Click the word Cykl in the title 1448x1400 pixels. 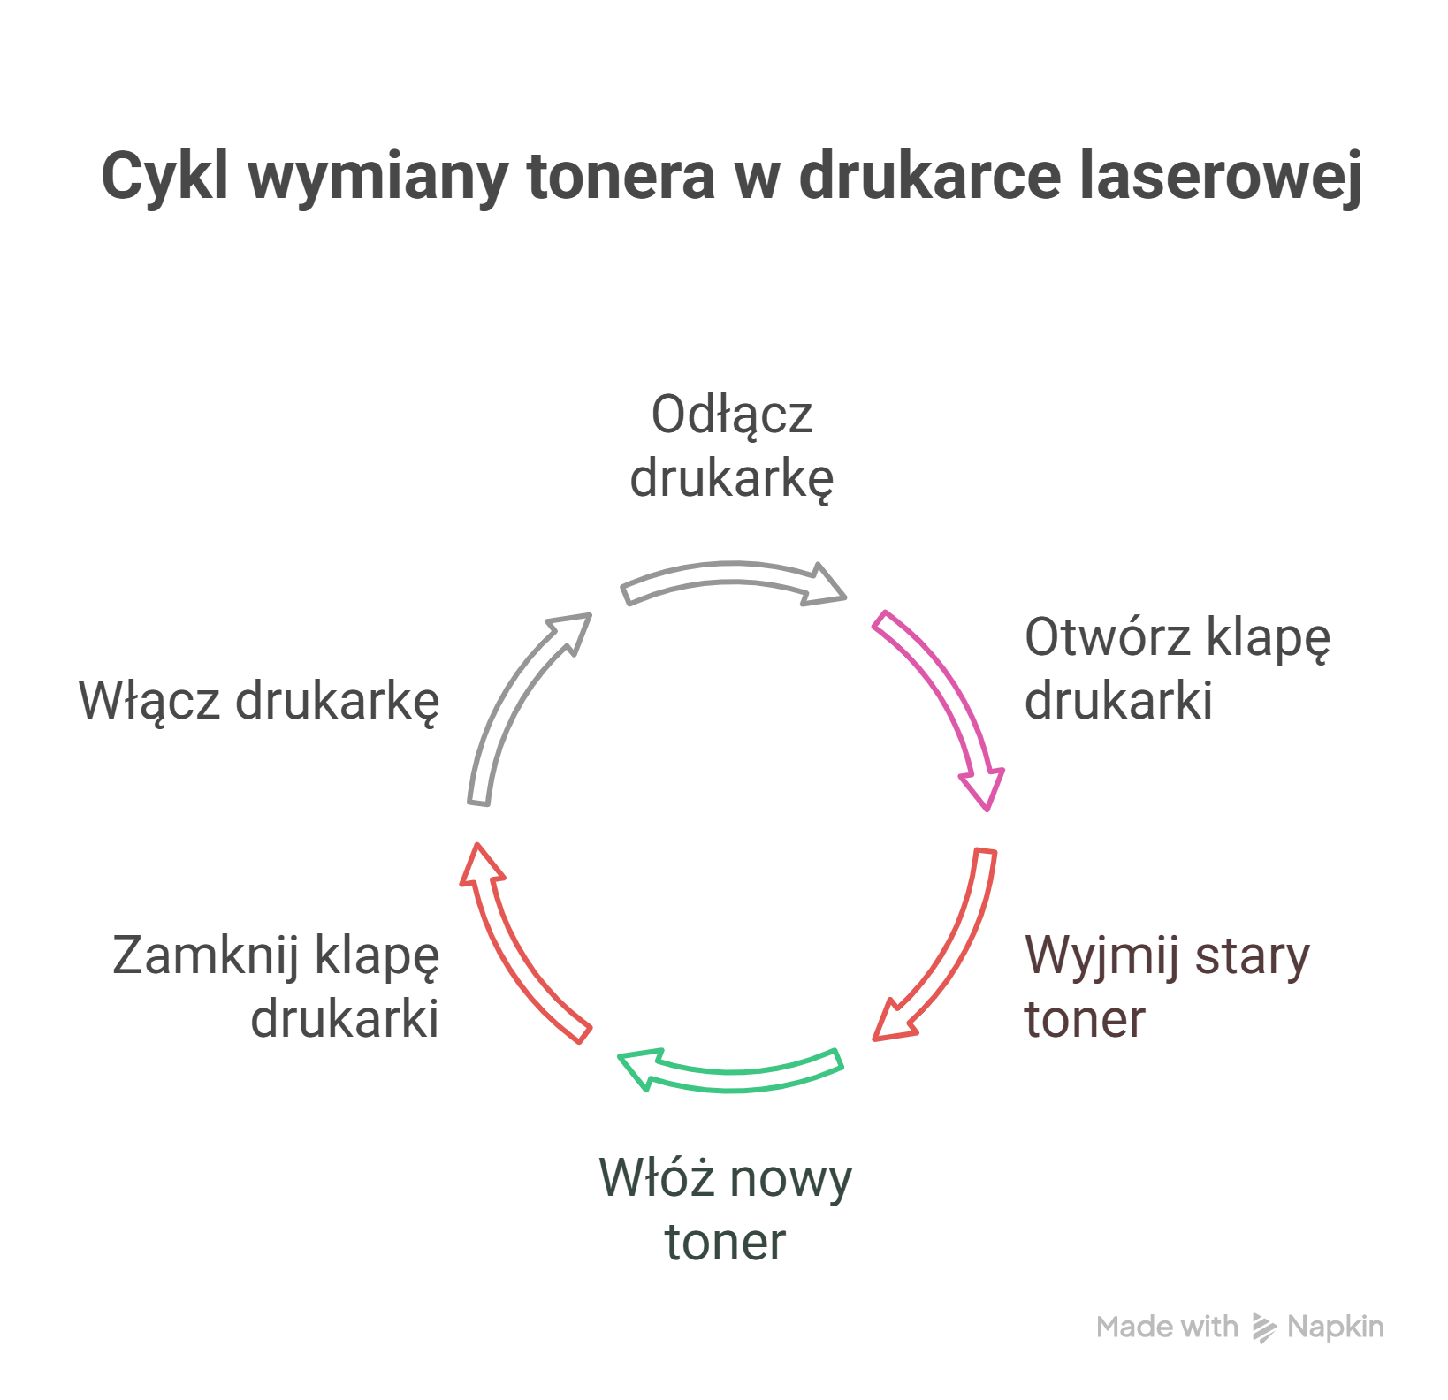[x=164, y=177]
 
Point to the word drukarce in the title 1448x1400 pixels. [x=928, y=176]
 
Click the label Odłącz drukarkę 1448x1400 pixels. [x=731, y=446]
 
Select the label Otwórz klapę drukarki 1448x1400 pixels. [x=1176, y=669]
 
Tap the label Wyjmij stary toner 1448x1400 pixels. [x=1166, y=986]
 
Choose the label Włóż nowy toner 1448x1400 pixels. [x=725, y=1209]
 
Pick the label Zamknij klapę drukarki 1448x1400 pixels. [x=276, y=986]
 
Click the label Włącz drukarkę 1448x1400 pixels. [x=259, y=701]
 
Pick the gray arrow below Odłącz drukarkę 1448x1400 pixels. [x=734, y=581]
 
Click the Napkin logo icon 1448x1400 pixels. [x=1264, y=1328]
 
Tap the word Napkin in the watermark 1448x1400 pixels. [x=1336, y=1327]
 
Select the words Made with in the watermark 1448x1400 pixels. [x=1167, y=1327]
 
